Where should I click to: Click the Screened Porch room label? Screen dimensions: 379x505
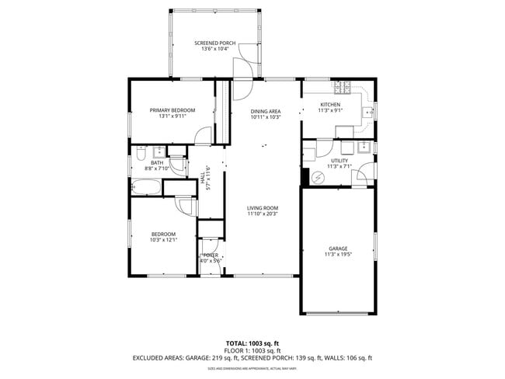(214, 43)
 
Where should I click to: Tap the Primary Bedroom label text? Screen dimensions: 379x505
(172, 110)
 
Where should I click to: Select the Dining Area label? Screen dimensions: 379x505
(265, 112)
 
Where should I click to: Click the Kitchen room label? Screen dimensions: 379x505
(331, 105)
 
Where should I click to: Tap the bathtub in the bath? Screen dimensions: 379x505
(145, 186)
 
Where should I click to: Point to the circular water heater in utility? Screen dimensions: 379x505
(318, 177)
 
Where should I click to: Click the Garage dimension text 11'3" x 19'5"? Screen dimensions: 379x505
(339, 255)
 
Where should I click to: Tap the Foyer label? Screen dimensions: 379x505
(211, 255)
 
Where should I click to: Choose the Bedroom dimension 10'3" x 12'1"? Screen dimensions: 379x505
(163, 240)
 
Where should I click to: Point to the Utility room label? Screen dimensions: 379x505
(340, 160)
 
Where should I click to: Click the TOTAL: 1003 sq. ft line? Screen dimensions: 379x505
(252, 342)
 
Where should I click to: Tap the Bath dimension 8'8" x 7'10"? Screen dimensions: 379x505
(157, 169)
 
